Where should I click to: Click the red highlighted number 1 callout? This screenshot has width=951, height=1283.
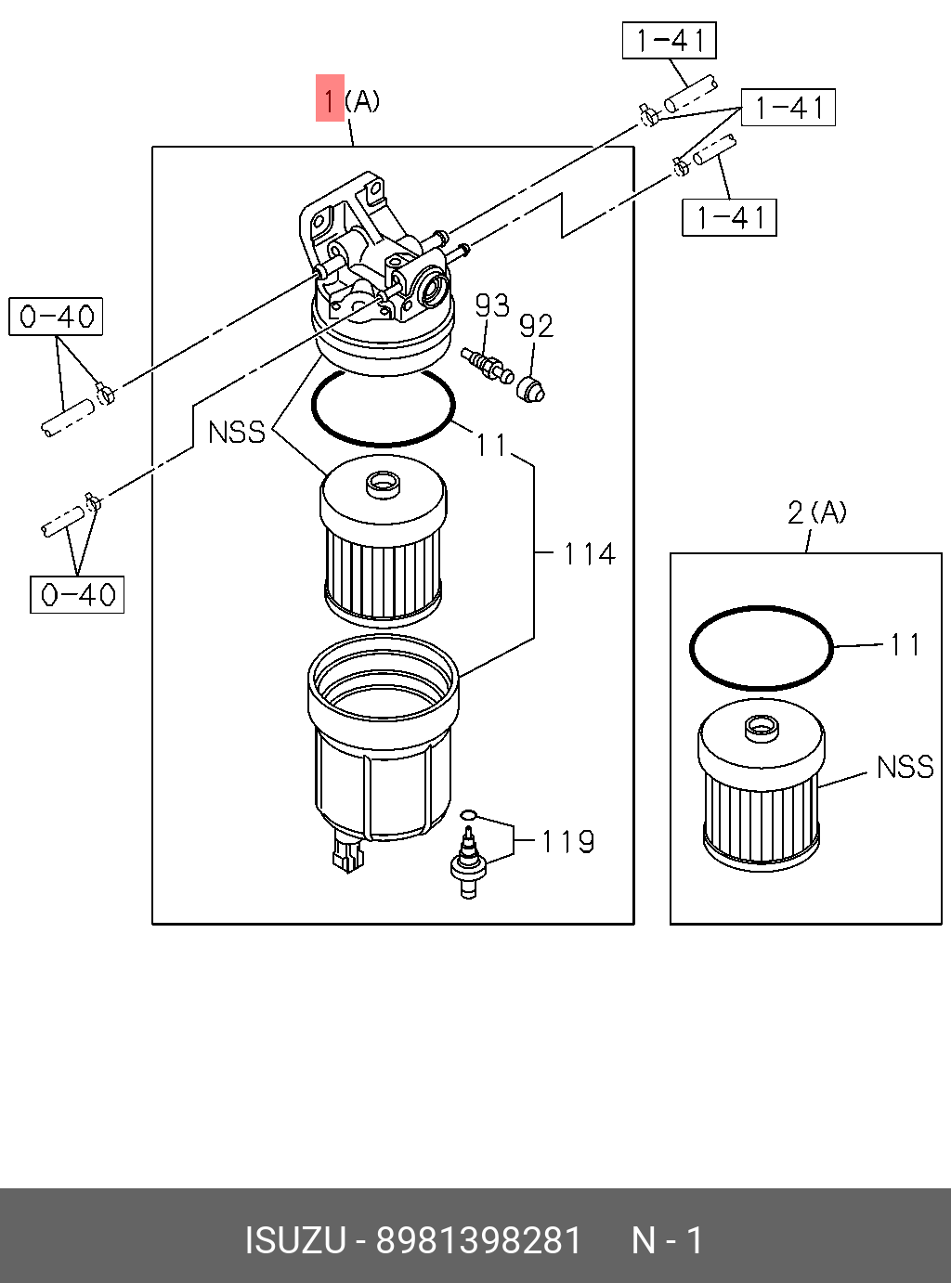tap(330, 98)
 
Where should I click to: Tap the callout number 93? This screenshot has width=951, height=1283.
tap(492, 305)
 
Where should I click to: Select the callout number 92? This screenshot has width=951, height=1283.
tap(536, 326)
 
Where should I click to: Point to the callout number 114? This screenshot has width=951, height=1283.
tap(589, 554)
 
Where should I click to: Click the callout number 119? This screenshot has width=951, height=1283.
tap(567, 841)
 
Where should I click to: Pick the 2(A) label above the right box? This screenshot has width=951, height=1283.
tap(816, 512)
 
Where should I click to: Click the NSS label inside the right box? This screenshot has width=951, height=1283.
tap(905, 767)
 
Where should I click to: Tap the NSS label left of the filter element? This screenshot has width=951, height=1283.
tap(237, 432)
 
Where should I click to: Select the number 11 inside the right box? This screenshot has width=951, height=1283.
tap(905, 644)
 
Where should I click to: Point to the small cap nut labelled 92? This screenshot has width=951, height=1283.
tap(530, 389)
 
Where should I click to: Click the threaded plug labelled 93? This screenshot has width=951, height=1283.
tap(486, 364)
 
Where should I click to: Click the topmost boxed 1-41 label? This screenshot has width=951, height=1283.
tap(669, 41)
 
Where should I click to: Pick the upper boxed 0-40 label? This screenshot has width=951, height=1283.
tap(56, 317)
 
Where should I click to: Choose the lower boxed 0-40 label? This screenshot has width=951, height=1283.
tap(77, 594)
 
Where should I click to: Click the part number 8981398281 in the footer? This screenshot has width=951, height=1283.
tap(478, 1240)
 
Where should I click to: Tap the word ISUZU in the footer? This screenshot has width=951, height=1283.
tap(294, 1240)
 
